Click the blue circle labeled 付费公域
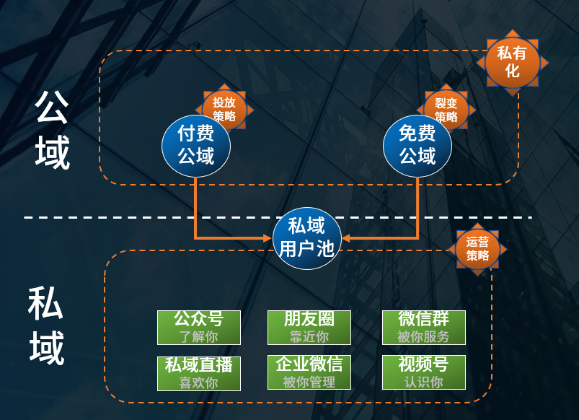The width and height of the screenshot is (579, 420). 195,145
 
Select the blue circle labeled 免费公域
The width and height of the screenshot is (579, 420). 417,145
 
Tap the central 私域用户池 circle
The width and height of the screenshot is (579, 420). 306,237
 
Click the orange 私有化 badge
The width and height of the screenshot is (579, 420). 512,62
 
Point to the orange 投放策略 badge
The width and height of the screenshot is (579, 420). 224,109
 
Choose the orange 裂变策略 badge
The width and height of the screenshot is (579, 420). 446,109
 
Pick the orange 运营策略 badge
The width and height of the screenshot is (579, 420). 477,249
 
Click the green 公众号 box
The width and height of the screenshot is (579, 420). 198,328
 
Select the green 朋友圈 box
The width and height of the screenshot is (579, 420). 309,328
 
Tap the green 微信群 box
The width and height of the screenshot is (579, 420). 423,328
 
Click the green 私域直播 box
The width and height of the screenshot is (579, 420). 198,372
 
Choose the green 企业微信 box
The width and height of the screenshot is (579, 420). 309,372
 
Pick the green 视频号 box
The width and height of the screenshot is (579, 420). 423,372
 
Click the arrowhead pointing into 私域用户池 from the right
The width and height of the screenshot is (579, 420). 346,237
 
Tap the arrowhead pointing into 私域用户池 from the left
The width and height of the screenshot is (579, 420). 268,237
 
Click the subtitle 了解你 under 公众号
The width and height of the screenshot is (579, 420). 198,337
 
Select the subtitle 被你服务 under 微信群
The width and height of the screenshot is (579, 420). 423,337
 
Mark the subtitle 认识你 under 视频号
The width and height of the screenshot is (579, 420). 423,382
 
